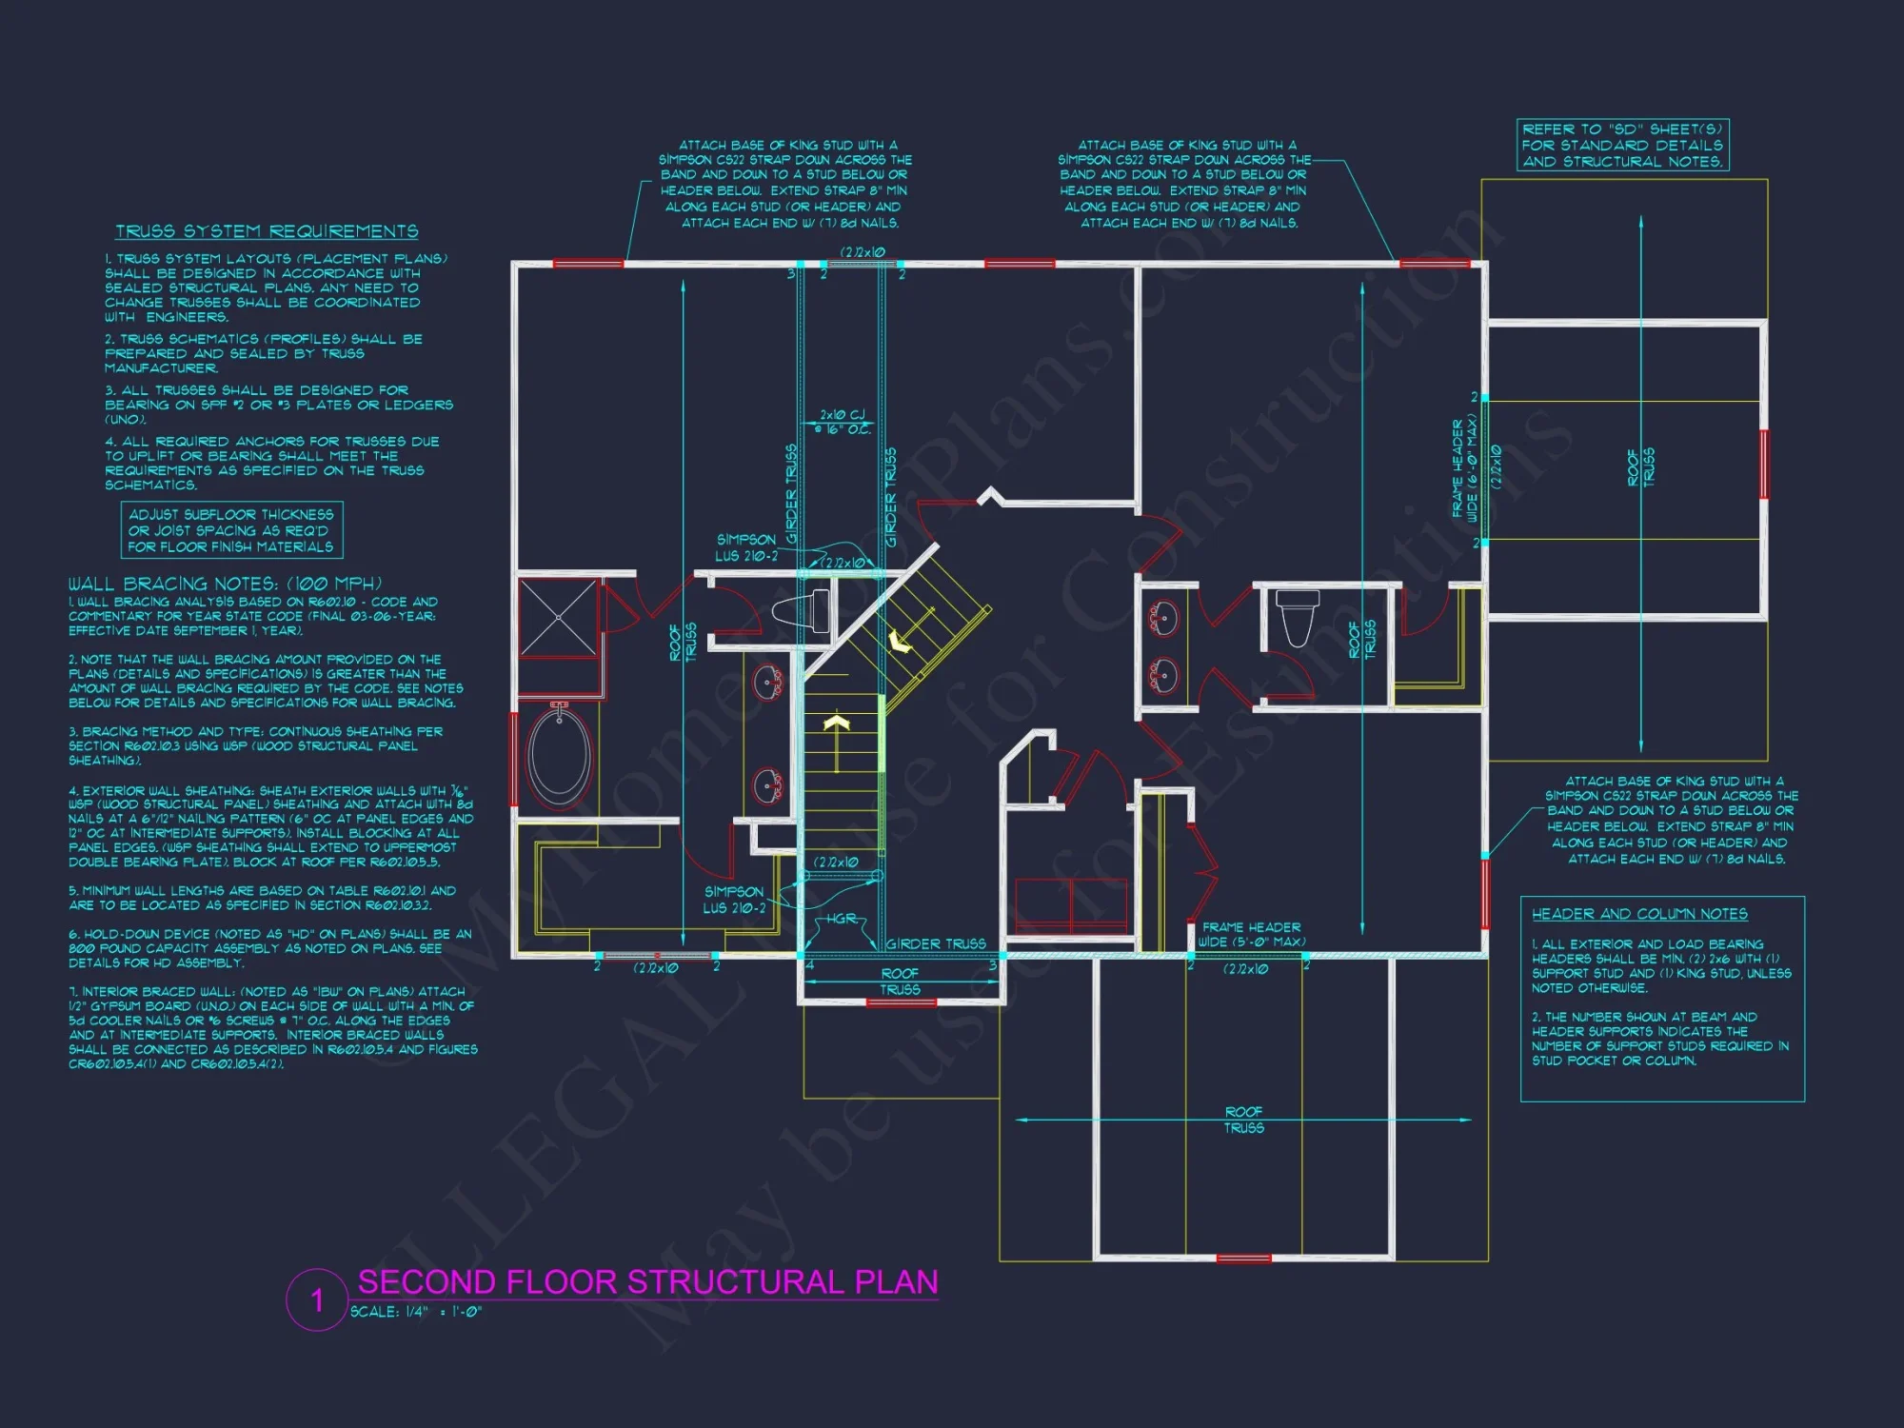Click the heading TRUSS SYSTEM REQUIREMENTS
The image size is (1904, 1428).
tap(267, 231)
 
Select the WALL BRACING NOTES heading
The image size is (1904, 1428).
tap(225, 584)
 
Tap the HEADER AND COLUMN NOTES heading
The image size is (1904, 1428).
tap(1639, 914)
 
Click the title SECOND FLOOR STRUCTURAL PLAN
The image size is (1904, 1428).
tap(647, 1282)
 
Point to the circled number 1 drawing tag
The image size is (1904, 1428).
tap(317, 1299)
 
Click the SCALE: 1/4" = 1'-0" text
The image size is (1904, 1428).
tap(416, 1312)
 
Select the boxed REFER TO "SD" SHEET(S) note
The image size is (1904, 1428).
tap(1622, 146)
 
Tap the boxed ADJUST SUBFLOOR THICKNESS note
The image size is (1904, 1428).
tap(231, 530)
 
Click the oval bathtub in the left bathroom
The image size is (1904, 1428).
tap(560, 754)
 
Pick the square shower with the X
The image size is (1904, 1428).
tap(559, 619)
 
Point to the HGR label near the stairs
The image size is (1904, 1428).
tap(841, 919)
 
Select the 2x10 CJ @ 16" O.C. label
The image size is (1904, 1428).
tap(843, 422)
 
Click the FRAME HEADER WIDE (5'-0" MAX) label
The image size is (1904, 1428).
tap(1251, 934)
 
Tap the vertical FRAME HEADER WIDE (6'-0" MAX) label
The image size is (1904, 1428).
tap(1464, 467)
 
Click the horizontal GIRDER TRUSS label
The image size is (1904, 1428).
tap(936, 943)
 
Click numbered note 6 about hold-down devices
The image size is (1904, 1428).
tap(269, 948)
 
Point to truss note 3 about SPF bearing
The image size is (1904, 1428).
tap(279, 405)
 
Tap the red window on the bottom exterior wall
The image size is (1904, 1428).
tap(1243, 1258)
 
